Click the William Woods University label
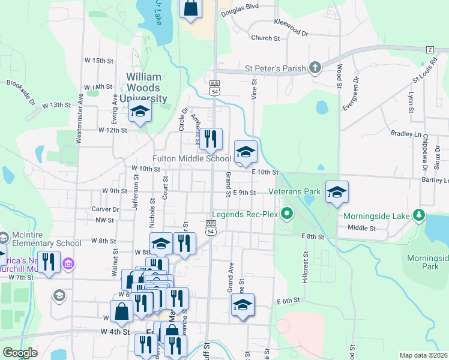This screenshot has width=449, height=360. tap(143, 88)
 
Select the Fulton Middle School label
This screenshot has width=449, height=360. tap(191, 158)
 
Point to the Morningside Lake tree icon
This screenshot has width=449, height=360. tap(420, 215)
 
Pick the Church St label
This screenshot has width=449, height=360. tap(266, 38)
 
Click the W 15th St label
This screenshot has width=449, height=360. tap(99, 61)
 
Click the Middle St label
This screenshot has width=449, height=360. tap(361, 228)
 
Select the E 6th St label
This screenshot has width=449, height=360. tap(288, 301)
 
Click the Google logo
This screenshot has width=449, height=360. tap(20, 353)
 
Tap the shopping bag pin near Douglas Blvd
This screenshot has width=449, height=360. tap(191, 8)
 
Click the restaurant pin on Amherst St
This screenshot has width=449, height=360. tap(211, 139)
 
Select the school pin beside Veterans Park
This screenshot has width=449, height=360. tap(337, 192)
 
